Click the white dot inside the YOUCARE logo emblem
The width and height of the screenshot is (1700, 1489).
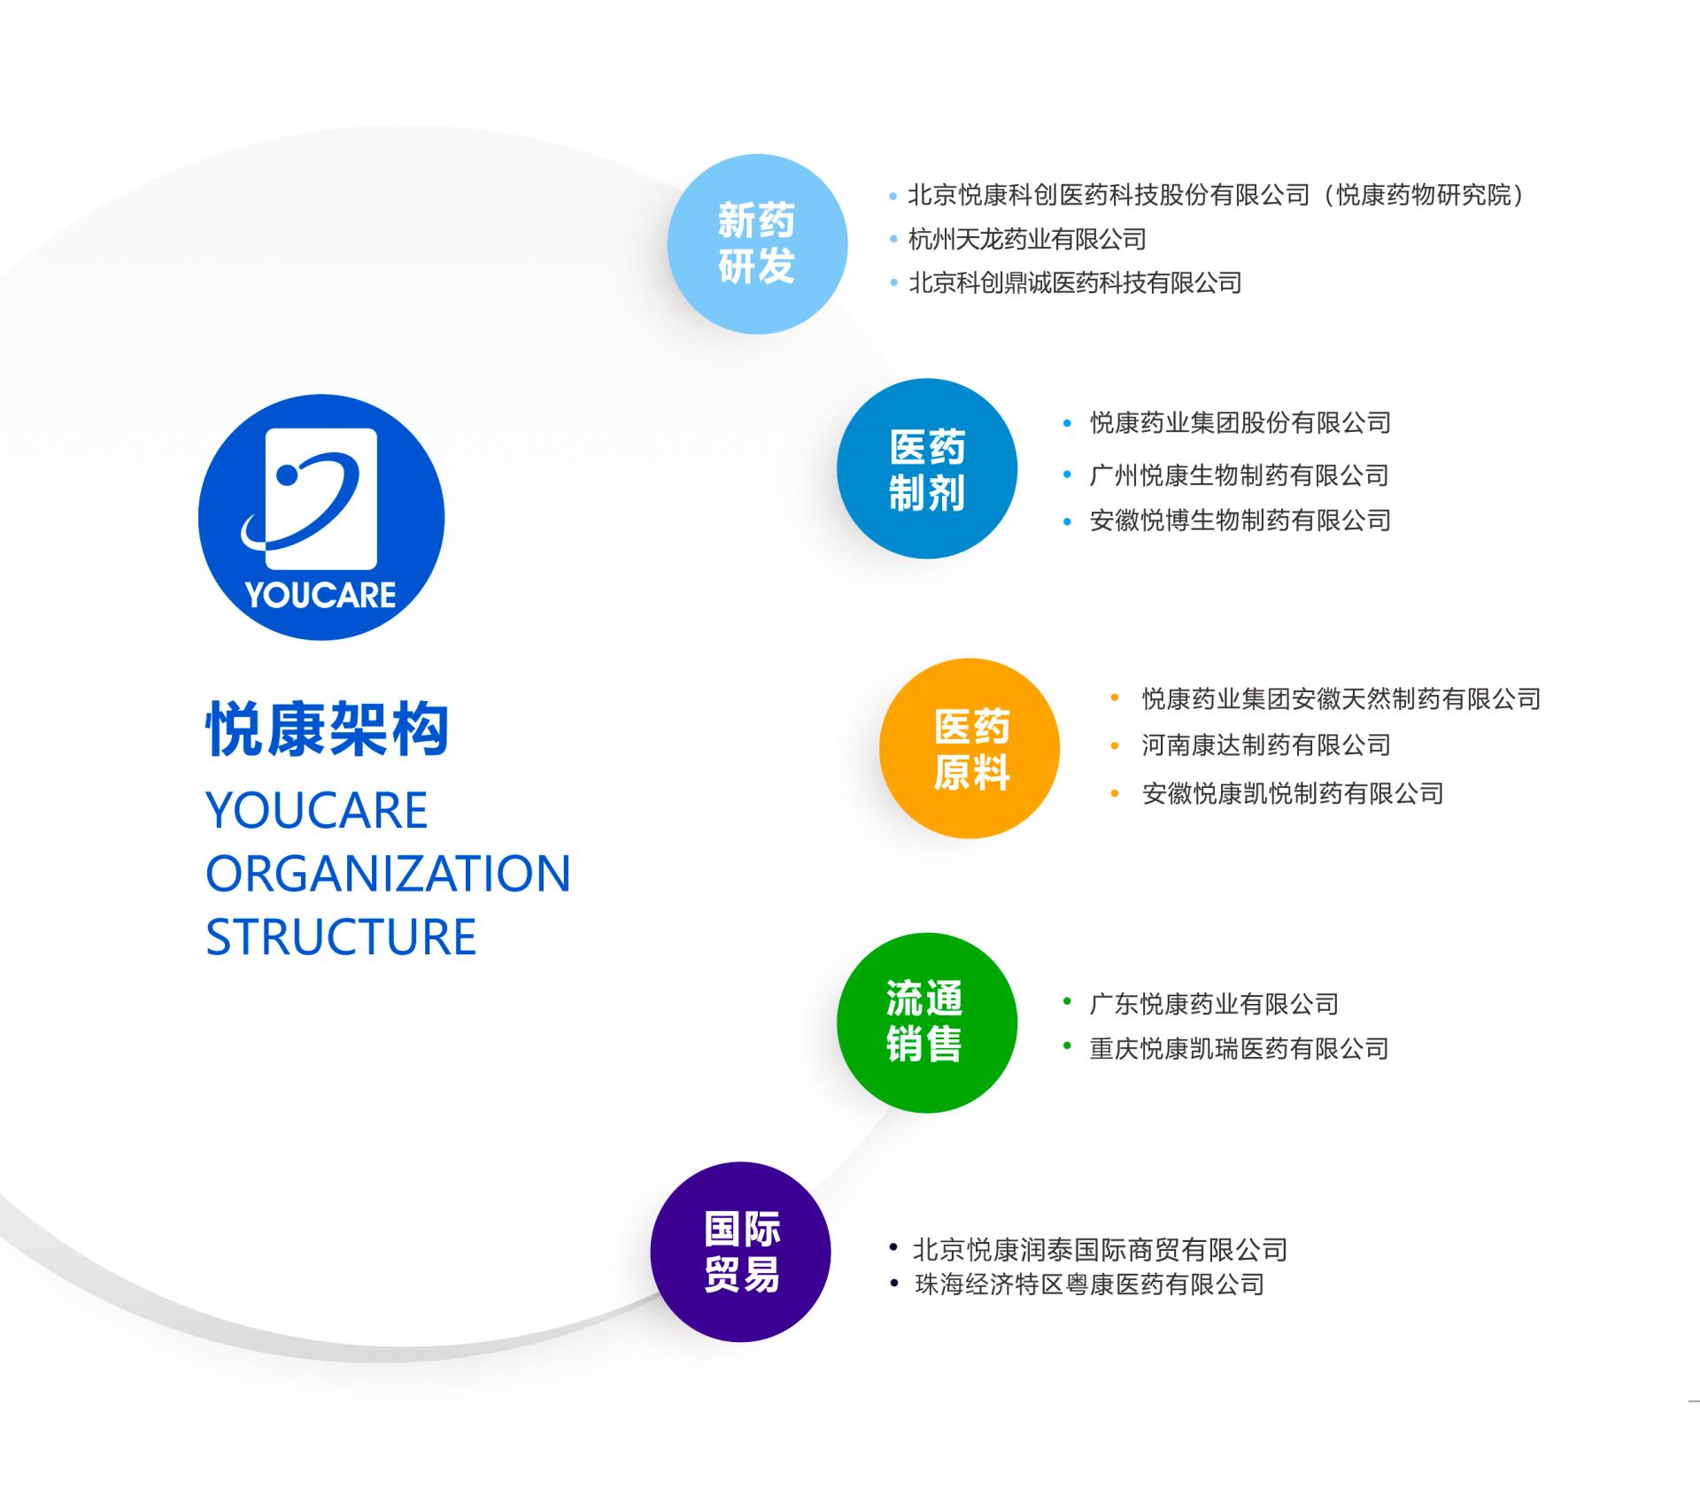coord(286,475)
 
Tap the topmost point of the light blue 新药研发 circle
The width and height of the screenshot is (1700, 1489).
coord(757,154)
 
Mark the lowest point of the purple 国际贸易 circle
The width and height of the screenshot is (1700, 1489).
coord(740,1342)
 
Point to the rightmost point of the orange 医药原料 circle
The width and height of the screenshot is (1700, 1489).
coord(1060,748)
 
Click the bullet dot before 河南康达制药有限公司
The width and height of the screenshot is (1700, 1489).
coord(1115,745)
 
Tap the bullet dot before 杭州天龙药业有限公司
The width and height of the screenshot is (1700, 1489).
coord(893,239)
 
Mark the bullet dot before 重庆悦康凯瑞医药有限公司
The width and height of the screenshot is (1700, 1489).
coord(1067,1047)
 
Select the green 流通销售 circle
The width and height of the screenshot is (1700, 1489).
coord(927,1022)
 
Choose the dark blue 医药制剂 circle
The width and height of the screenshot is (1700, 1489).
coord(927,468)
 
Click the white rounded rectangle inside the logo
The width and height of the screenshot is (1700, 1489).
coord(321,499)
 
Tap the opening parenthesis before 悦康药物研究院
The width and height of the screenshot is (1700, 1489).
coord(1325,195)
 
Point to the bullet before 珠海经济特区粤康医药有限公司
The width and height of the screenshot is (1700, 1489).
coord(894,1282)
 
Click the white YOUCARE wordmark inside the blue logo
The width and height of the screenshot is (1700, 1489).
coord(321,595)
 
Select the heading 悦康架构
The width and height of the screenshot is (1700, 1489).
coord(328,729)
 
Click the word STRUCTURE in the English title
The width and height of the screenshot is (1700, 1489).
coord(341,937)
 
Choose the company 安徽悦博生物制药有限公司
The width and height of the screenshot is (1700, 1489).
coord(1240,521)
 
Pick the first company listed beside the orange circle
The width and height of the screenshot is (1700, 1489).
coord(1341,699)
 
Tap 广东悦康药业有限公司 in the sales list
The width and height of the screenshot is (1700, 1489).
coord(1214,1004)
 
